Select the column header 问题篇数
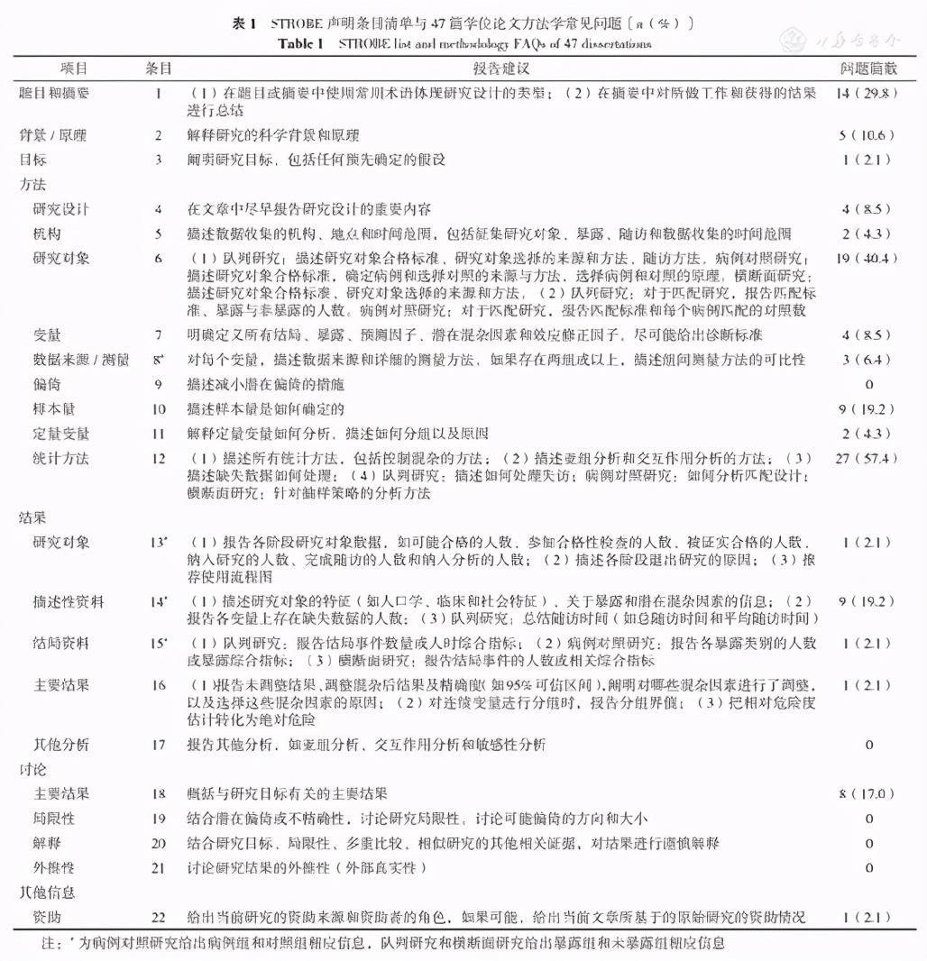point(867,69)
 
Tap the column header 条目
point(159,69)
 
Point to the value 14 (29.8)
point(867,92)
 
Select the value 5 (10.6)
point(867,135)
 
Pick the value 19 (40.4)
point(867,258)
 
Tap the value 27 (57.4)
point(867,458)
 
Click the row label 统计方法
point(61,458)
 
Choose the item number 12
point(159,458)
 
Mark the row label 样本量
point(55,409)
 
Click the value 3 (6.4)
point(867,361)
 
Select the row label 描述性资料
point(69,601)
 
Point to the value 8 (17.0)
point(867,794)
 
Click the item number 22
point(159,918)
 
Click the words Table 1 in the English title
point(307,43)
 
